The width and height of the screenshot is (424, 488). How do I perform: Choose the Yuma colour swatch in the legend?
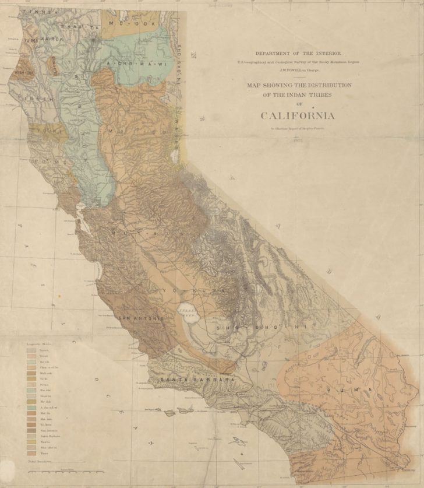coord(31,452)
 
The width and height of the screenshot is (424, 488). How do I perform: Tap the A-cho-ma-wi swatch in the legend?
coord(31,407)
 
